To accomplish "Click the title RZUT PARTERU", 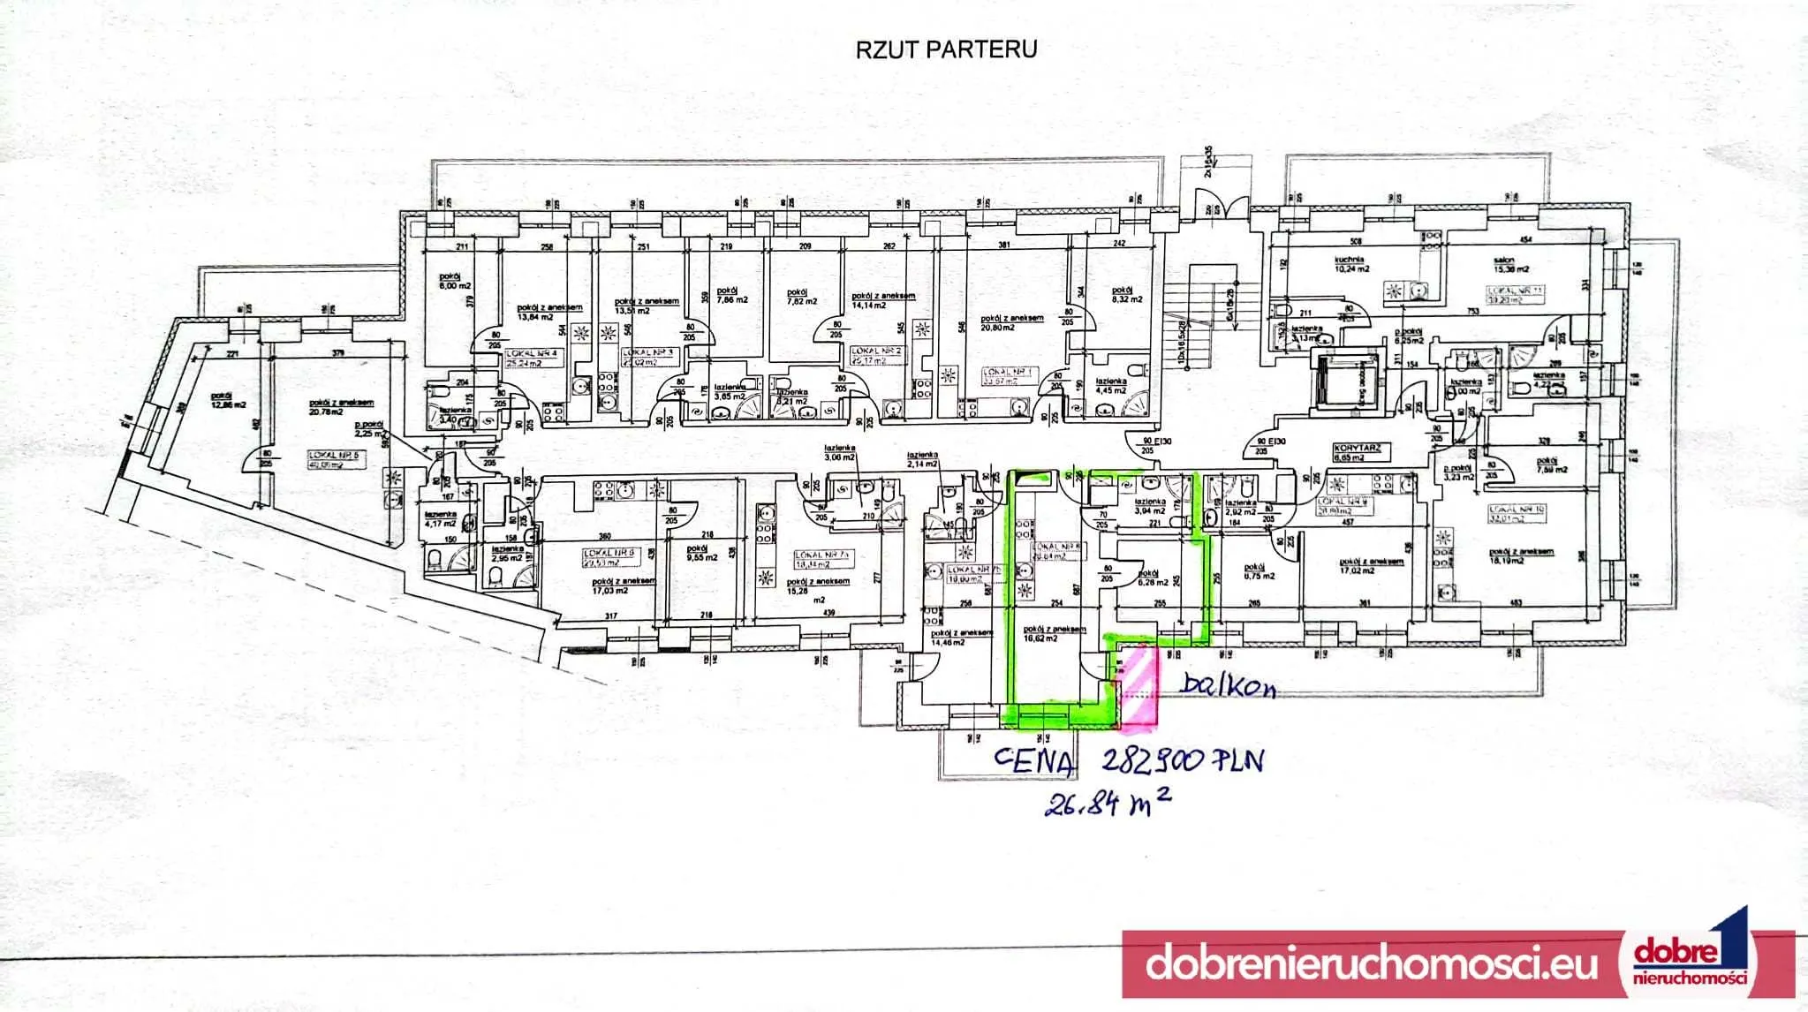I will [x=946, y=49].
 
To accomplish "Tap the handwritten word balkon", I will [x=1229, y=684].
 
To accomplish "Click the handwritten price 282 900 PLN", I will [x=1183, y=760].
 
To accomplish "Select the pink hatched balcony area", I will [x=1138, y=686].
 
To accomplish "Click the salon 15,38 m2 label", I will [x=1510, y=265].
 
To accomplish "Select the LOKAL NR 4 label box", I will [x=533, y=357].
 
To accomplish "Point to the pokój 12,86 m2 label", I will [x=228, y=401].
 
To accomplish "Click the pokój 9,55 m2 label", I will [x=703, y=554].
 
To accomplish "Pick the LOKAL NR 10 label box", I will [x=1517, y=513].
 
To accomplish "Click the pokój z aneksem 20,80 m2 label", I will [x=1011, y=322].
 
